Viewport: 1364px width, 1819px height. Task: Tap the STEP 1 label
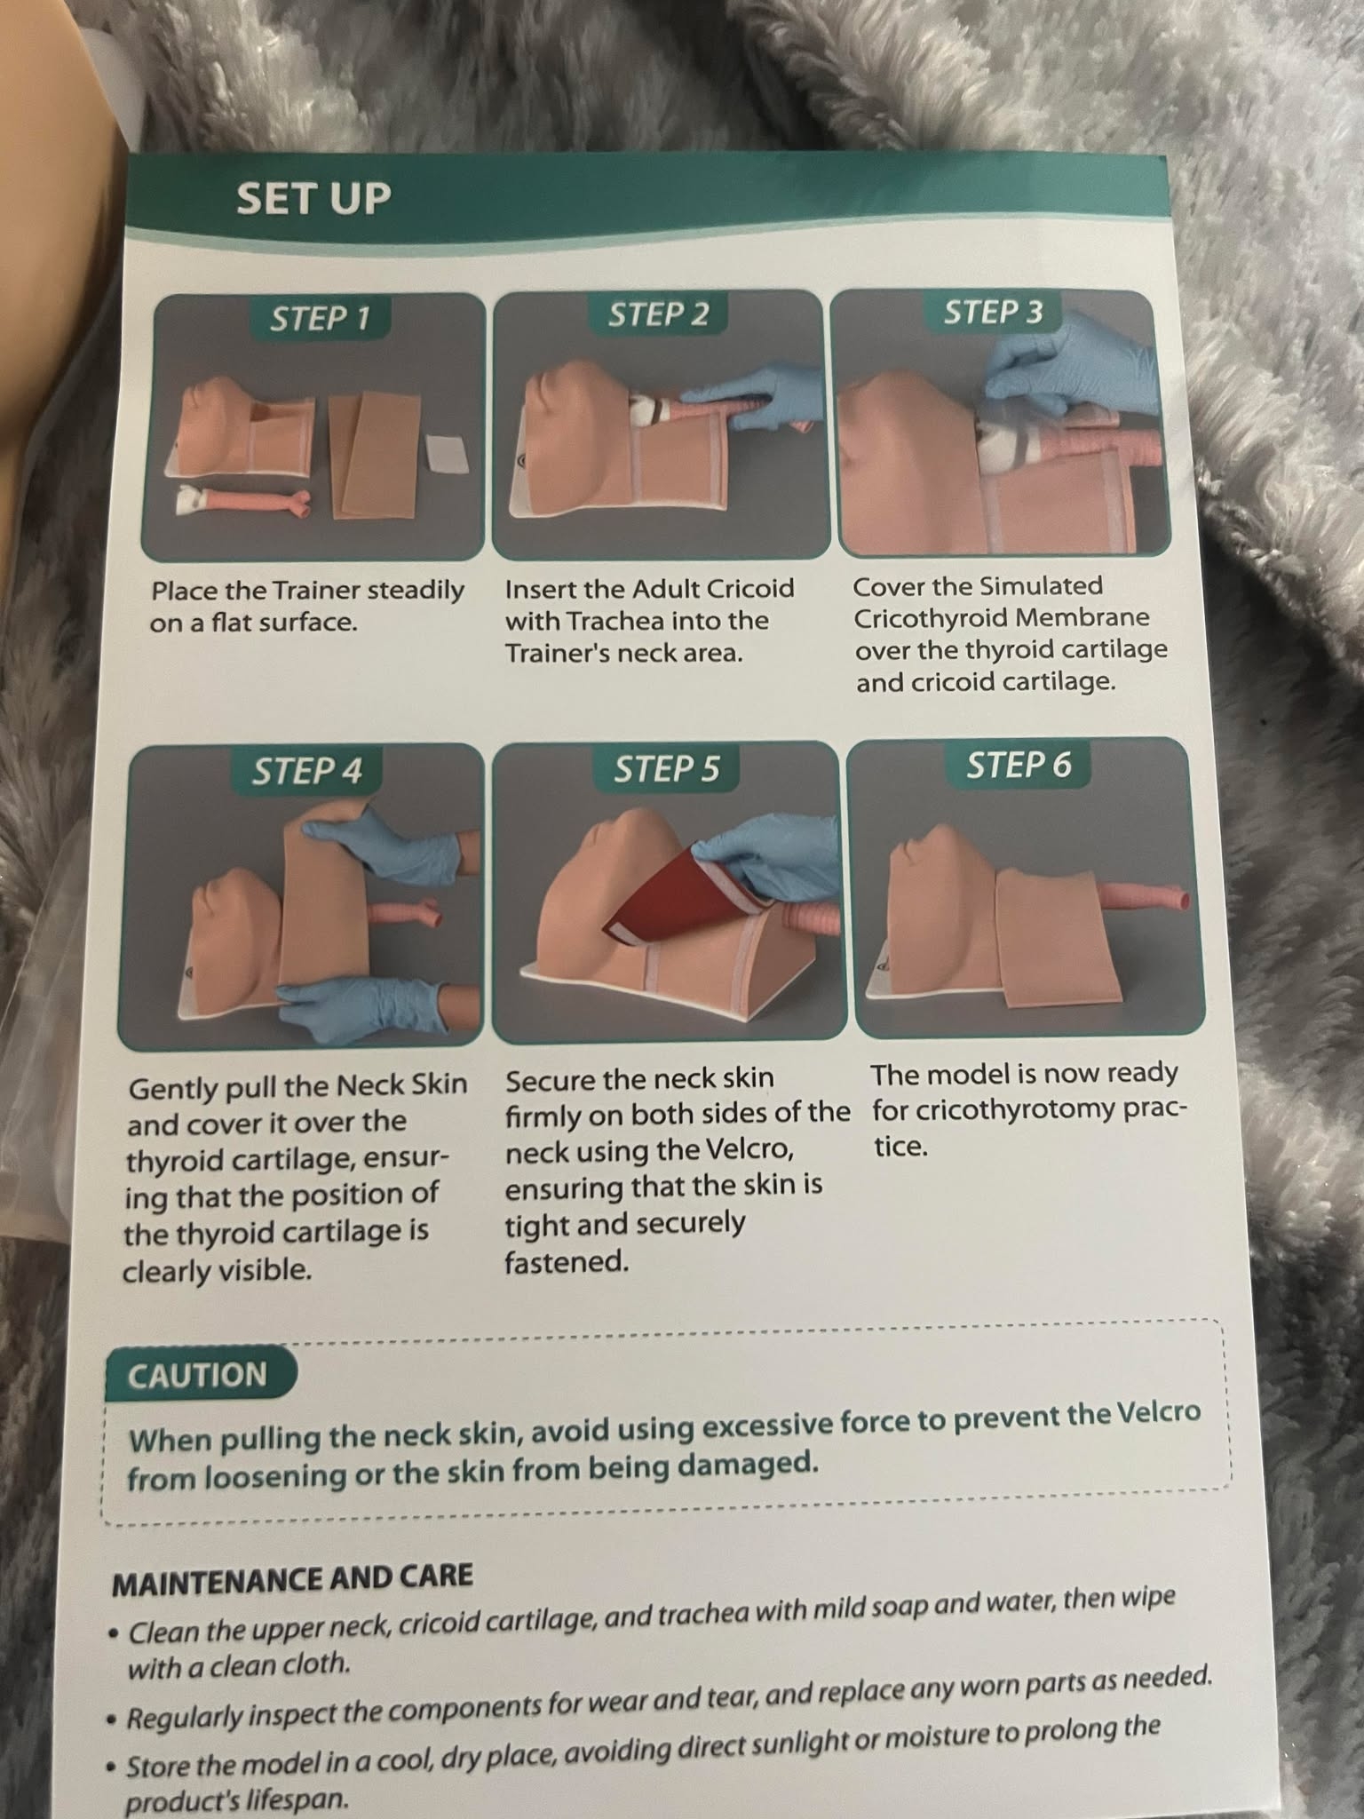[320, 318]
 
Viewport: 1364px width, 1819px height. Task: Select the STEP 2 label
[658, 314]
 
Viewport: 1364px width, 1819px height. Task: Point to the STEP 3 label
[993, 312]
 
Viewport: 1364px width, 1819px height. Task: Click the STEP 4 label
[306, 770]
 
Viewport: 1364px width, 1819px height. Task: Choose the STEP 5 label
[666, 768]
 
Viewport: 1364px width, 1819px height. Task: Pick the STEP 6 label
[1019, 764]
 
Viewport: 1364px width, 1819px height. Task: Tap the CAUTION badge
[197, 1375]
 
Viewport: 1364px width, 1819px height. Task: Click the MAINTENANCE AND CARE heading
[292, 1577]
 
